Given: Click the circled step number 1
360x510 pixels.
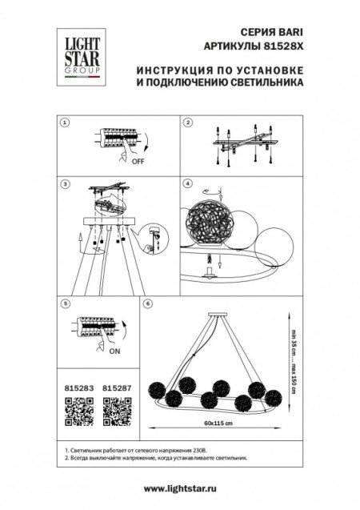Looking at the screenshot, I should point(66,123).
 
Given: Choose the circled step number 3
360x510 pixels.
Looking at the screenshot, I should point(66,183).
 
